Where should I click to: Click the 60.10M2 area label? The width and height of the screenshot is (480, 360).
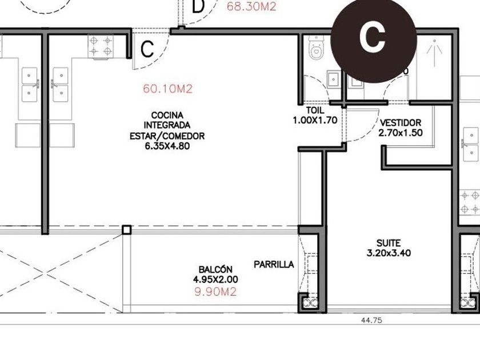(x=168, y=89)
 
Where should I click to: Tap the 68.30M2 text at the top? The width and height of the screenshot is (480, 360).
(x=251, y=6)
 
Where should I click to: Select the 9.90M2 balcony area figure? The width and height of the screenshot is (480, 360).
(x=216, y=292)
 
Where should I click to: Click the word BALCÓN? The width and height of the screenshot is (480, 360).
(x=215, y=269)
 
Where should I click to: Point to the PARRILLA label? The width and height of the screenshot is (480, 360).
(x=274, y=264)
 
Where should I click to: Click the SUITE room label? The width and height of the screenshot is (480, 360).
(x=389, y=243)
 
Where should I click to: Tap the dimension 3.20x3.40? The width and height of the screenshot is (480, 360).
(x=389, y=253)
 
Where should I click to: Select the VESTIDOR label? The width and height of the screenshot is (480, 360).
(x=401, y=123)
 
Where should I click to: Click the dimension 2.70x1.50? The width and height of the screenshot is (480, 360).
(x=401, y=133)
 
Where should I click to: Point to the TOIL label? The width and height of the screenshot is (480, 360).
(x=315, y=110)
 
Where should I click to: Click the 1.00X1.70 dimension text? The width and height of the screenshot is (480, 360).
(x=315, y=120)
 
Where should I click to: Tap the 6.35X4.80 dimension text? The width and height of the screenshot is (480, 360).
(x=167, y=146)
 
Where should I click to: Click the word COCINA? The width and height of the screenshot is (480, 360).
(x=167, y=115)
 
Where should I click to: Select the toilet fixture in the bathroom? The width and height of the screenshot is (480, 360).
(x=316, y=48)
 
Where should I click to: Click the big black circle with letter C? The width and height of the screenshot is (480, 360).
(x=373, y=39)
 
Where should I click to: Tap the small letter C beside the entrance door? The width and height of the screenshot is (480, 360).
(x=147, y=49)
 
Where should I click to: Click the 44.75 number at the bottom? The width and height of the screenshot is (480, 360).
(x=371, y=320)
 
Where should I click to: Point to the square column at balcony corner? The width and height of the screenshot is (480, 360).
(x=127, y=230)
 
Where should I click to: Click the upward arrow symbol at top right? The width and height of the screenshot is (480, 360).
(x=435, y=53)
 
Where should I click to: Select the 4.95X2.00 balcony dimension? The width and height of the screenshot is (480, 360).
(x=215, y=279)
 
